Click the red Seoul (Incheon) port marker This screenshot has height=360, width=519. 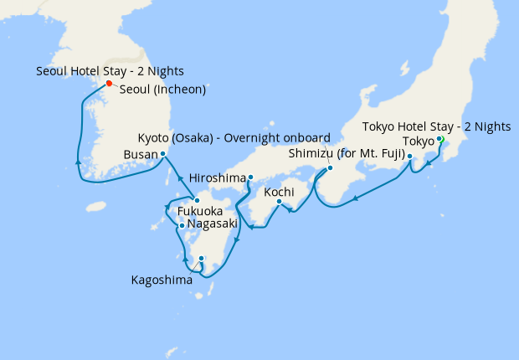point(109,83)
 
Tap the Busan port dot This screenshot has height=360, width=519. point(162,154)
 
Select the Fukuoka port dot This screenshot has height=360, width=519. point(195,199)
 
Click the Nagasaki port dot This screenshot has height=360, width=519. point(181,224)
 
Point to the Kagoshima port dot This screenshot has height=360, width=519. point(201,259)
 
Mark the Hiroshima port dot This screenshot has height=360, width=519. point(250,177)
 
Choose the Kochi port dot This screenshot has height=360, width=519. point(279,201)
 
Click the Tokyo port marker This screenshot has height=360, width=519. point(439,140)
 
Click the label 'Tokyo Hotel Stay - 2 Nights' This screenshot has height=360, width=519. point(436,126)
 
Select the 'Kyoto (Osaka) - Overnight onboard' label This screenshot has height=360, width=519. point(234,137)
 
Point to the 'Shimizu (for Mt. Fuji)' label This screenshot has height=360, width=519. point(347,154)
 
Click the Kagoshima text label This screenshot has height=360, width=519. point(161,280)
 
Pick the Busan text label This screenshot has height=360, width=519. point(139,155)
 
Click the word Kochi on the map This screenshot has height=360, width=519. point(278,192)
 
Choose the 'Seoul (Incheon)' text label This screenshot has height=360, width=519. point(162,90)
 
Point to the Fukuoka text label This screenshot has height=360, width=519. point(199,212)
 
